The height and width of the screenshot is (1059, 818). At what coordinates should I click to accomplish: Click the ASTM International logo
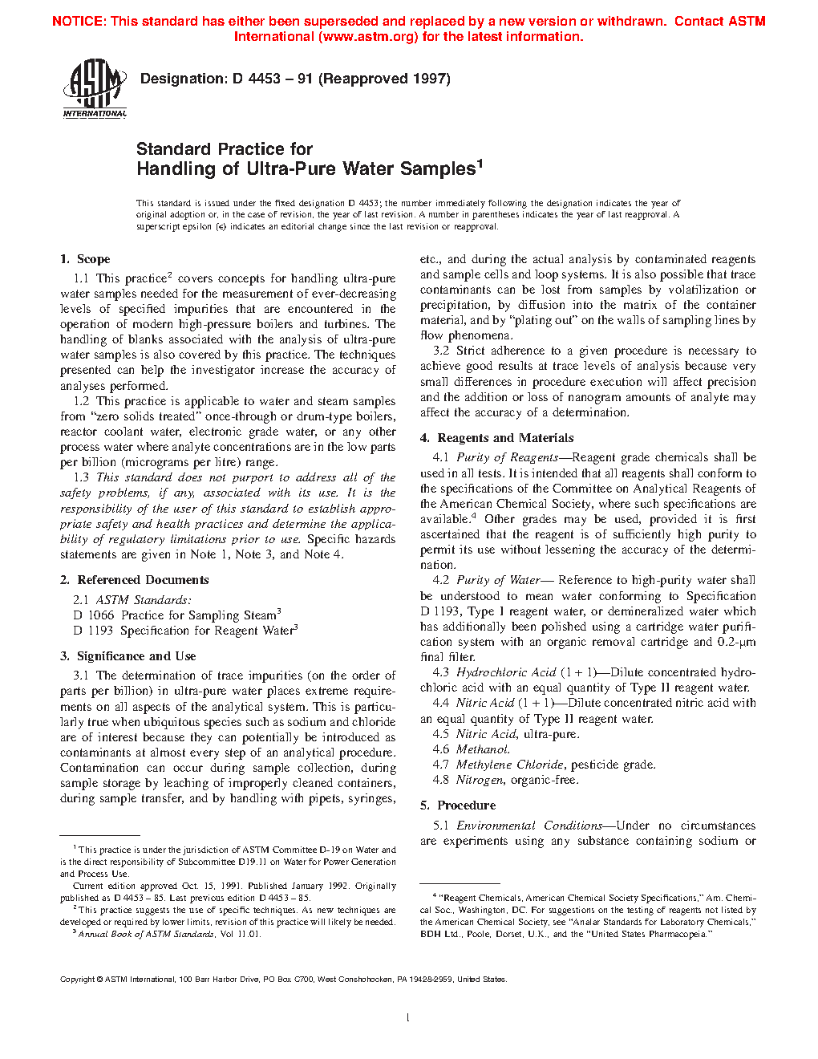(x=95, y=89)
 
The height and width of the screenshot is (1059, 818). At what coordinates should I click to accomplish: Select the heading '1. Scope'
(x=85, y=259)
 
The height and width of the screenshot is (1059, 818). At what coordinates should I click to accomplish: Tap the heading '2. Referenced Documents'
(x=135, y=580)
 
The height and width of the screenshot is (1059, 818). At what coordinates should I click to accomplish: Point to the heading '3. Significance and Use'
(x=128, y=656)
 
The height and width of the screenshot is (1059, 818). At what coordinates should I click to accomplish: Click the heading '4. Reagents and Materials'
(x=497, y=438)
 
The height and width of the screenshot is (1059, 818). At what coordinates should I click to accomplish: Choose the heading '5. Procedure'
(x=458, y=805)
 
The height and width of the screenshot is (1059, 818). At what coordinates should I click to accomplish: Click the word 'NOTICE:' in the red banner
(x=79, y=22)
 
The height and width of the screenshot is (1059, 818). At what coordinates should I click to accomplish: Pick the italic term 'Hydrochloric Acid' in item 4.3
(x=506, y=672)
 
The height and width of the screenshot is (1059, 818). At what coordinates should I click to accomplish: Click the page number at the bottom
(x=408, y=1018)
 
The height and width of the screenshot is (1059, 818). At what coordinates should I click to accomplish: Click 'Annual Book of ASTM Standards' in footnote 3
(x=146, y=934)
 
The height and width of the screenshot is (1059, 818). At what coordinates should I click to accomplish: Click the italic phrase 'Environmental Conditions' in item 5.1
(x=529, y=826)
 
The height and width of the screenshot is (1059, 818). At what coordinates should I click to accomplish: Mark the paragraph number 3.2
(x=441, y=351)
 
